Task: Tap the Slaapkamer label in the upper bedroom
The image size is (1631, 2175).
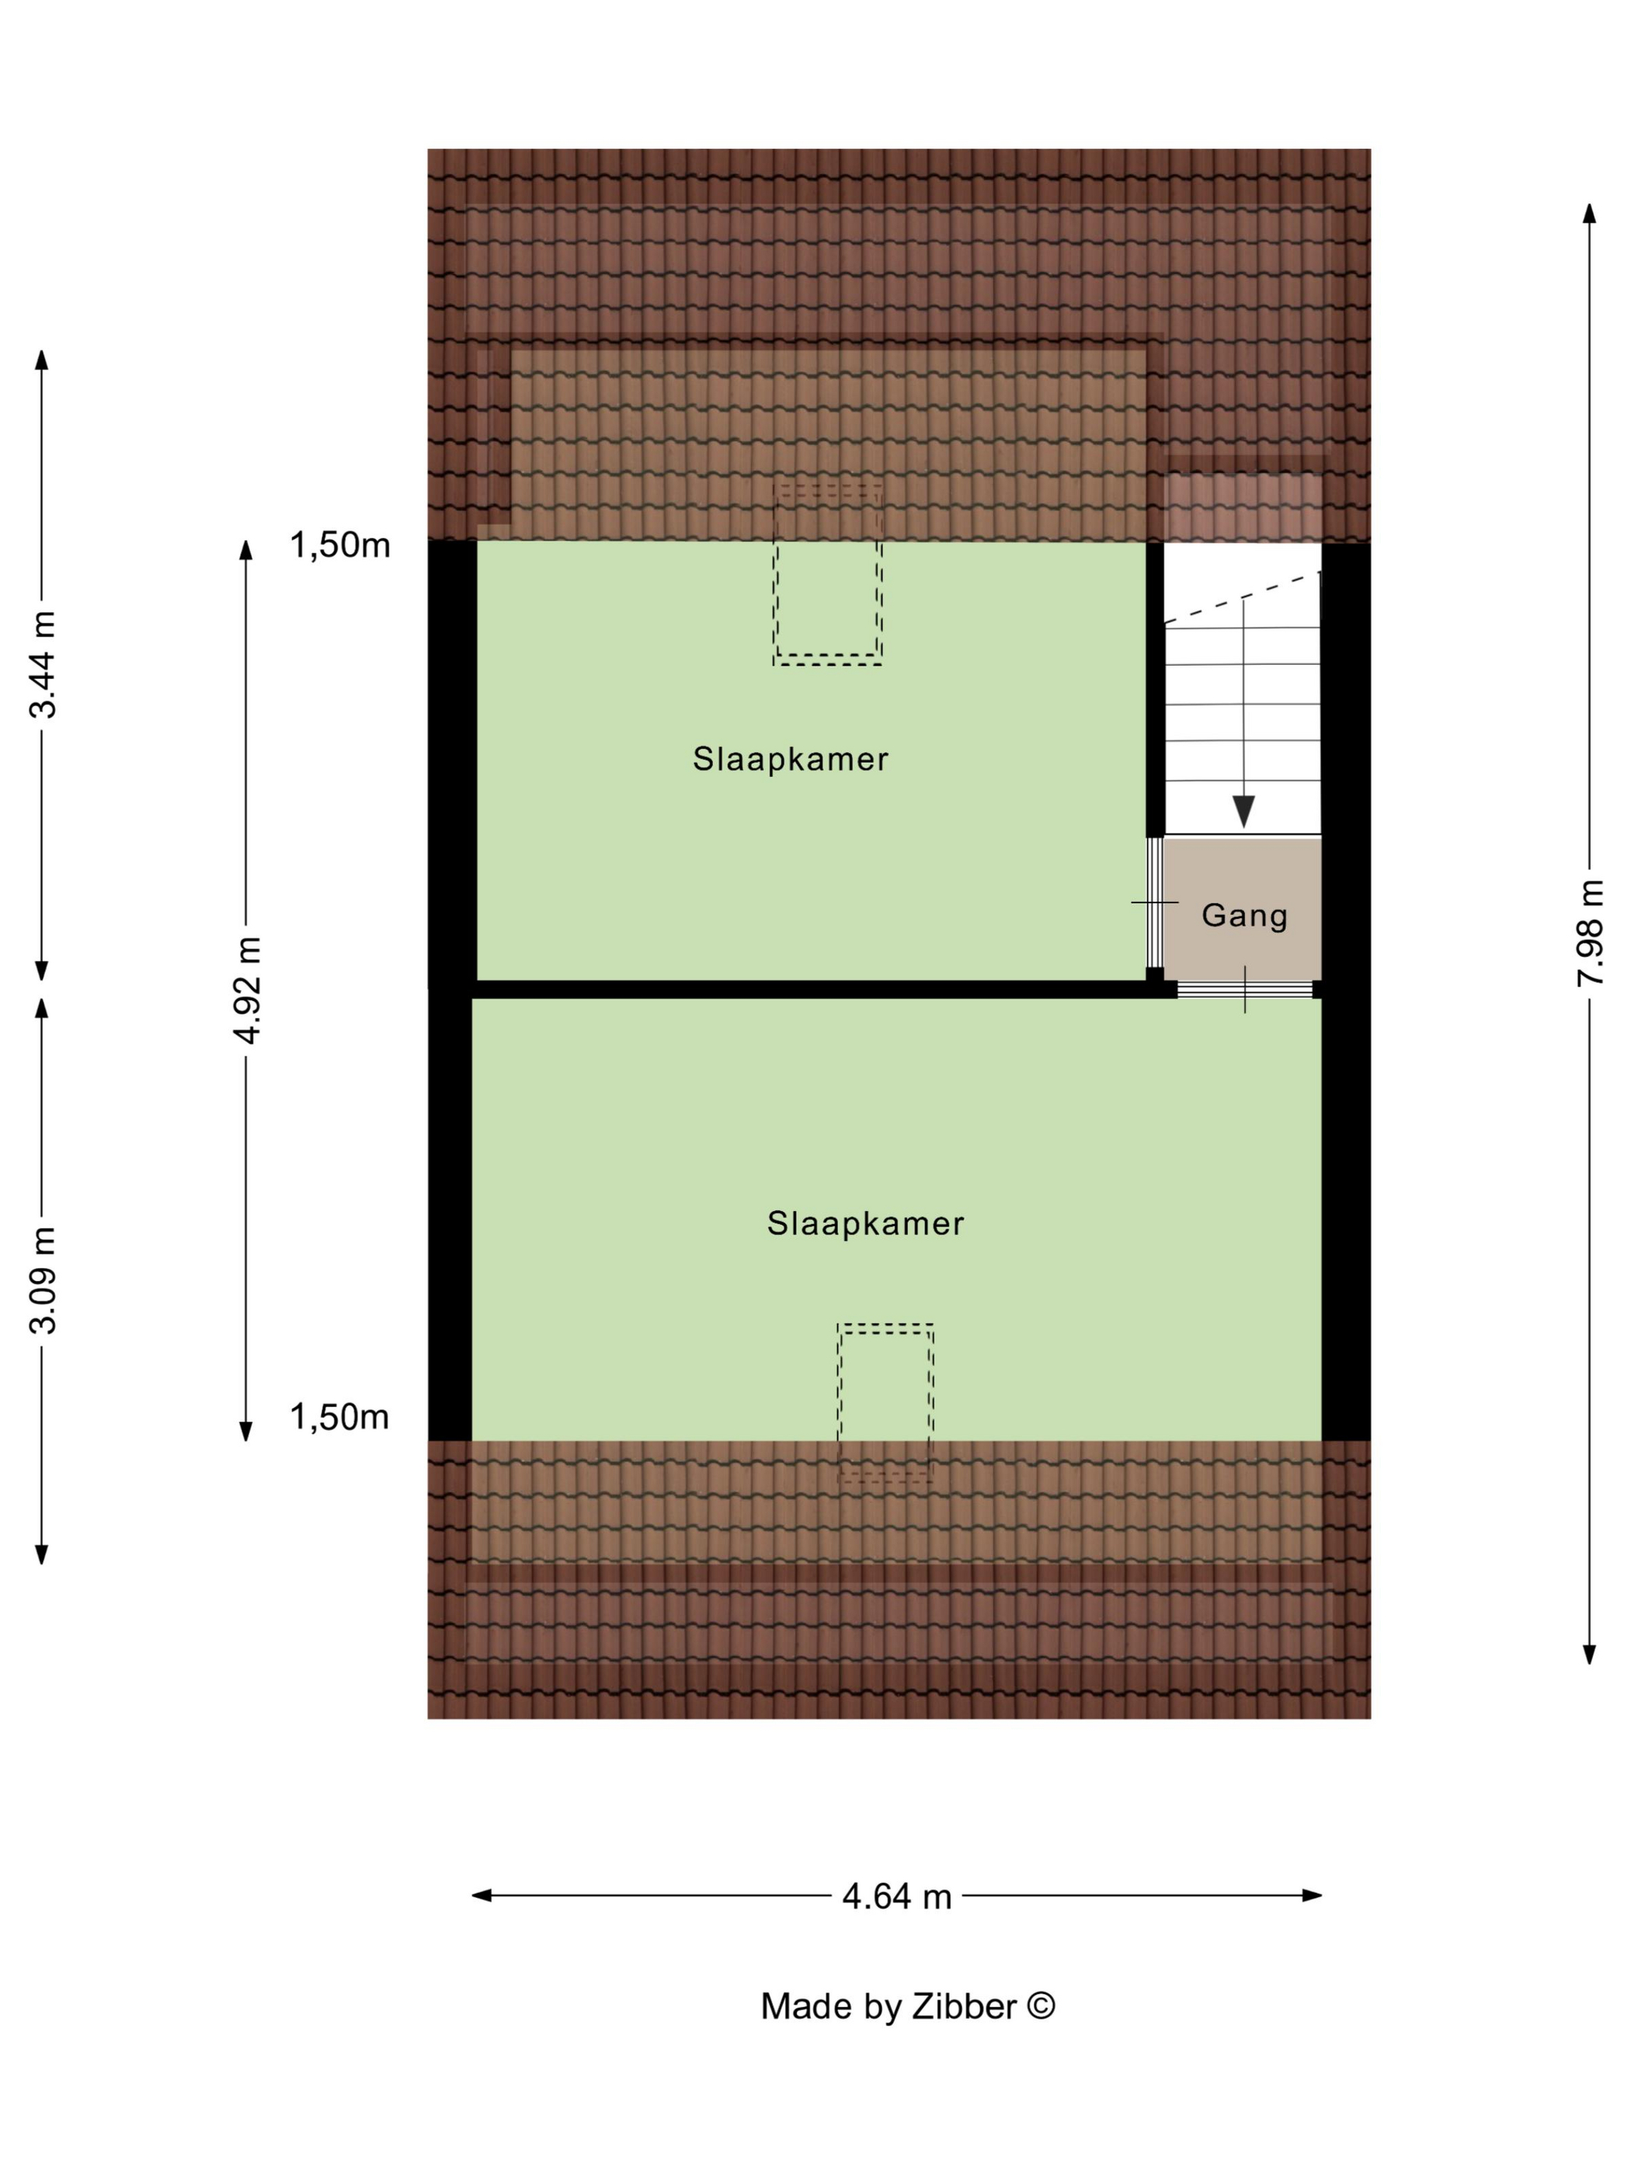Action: pyautogui.click(x=791, y=758)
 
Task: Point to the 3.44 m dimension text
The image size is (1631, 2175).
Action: pyautogui.click(x=43, y=665)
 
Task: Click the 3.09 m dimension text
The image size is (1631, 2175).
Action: pyautogui.click(x=43, y=1279)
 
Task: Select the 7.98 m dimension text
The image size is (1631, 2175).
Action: pyautogui.click(x=1590, y=933)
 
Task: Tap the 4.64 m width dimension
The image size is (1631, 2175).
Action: pyautogui.click(x=896, y=1896)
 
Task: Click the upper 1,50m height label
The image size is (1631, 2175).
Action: pyautogui.click(x=339, y=544)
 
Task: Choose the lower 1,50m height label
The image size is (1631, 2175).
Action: pyautogui.click(x=339, y=1416)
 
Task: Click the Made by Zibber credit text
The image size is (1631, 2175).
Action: pyautogui.click(x=907, y=2006)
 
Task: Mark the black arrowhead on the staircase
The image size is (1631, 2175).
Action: pyautogui.click(x=1243, y=810)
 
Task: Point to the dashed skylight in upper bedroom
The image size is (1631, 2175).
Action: pyautogui.click(x=827, y=573)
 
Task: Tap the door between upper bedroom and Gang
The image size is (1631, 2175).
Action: pyautogui.click(x=1155, y=903)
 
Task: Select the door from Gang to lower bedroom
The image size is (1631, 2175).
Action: pyautogui.click(x=1246, y=989)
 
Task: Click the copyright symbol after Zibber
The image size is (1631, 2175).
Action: pyautogui.click(x=1042, y=2005)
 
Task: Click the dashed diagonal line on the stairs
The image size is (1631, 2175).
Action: pyautogui.click(x=1243, y=598)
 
